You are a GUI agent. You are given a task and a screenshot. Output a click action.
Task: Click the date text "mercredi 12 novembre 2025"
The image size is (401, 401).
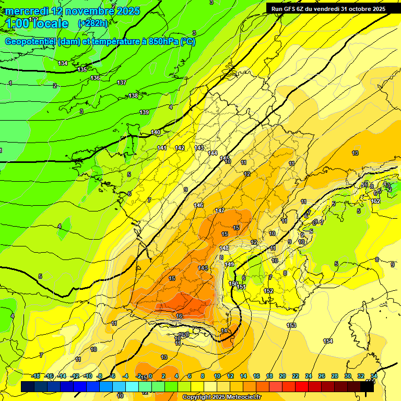pyautogui.click(x=73, y=11)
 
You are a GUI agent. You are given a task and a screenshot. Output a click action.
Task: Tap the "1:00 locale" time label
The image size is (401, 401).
pyautogui.click(x=37, y=23)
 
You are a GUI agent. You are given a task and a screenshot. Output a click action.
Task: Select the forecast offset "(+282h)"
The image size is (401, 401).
pyautogui.click(x=93, y=23)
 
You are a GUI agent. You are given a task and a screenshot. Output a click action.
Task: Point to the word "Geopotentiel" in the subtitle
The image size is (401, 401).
pyautogui.click(x=31, y=42)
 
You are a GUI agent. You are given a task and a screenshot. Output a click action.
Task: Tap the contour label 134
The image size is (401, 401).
pyautogui.click(x=63, y=63)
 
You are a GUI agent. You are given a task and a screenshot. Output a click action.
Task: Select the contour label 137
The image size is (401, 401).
pyautogui.click(x=122, y=83)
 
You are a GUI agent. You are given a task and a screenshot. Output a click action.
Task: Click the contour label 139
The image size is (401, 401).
pyautogui.click(x=144, y=113)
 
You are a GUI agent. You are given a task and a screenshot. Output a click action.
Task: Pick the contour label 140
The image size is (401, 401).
pyautogui.click(x=156, y=133)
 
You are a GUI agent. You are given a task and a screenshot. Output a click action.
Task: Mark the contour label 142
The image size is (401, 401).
pyautogui.click(x=180, y=148)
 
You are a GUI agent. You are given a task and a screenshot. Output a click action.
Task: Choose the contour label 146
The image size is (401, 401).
pyautogui.click(x=198, y=206)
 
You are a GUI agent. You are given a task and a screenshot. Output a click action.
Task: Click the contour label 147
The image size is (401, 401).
pyautogui.click(x=220, y=210)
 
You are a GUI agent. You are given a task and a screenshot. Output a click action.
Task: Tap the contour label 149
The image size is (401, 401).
pyautogui.click(x=229, y=265)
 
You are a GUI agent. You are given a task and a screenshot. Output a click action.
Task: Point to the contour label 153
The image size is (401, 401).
pyautogui.click(x=291, y=326)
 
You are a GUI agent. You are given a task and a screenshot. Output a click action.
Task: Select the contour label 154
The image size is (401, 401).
pyautogui.click(x=328, y=341)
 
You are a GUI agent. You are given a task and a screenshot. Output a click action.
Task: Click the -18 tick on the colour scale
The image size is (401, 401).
pyautogui.click(x=36, y=376)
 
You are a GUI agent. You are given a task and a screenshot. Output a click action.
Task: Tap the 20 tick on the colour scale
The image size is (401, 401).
pyautogui.click(x=282, y=376)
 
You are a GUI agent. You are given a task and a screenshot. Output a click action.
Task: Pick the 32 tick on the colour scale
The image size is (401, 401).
pyautogui.click(x=361, y=376)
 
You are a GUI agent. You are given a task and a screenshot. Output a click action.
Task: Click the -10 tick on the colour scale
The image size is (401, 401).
pyautogui.click(x=88, y=376)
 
